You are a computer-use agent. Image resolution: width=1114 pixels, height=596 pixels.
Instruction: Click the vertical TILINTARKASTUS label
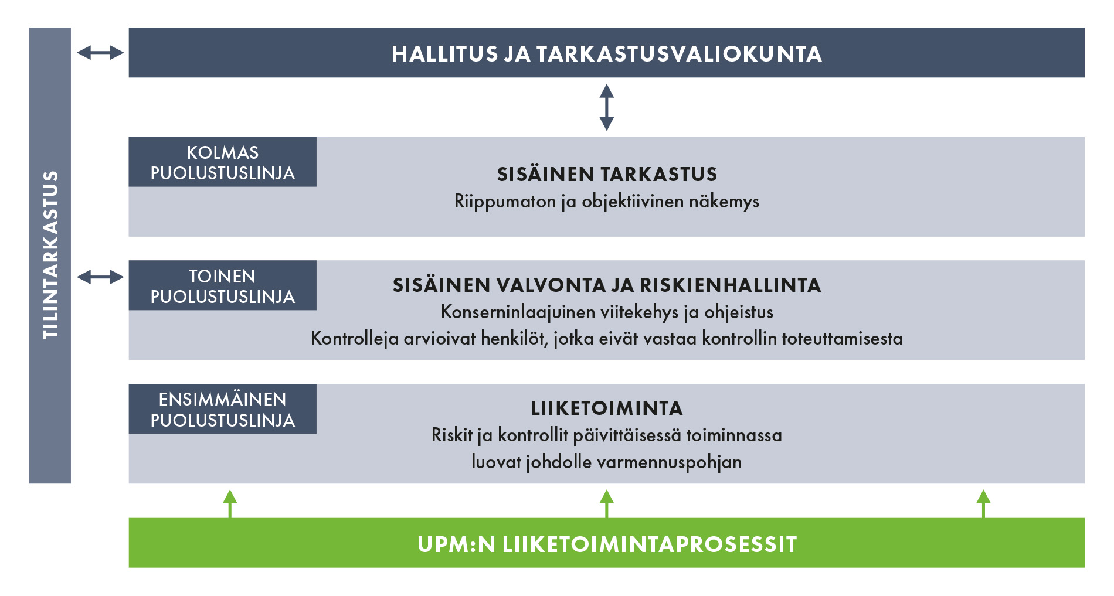click(x=50, y=255)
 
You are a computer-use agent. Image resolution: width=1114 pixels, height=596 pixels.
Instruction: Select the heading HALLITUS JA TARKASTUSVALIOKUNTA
click(x=607, y=54)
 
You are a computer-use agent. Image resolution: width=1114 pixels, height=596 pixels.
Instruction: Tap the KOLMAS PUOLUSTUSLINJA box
click(x=223, y=162)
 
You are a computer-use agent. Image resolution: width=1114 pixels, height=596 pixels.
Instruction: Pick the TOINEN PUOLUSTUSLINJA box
click(x=223, y=285)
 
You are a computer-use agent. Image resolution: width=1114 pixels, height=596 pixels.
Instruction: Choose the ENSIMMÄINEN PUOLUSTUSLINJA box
click(x=223, y=409)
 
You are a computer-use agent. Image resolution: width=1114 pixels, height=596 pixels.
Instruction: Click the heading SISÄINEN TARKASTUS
click(x=607, y=174)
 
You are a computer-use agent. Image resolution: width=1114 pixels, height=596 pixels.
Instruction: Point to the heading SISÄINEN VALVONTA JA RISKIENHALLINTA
click(x=607, y=285)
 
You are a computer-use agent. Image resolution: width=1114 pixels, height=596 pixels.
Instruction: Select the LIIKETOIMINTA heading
click(x=607, y=408)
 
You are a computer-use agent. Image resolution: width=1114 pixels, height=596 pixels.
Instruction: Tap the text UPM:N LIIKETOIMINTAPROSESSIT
click(x=607, y=544)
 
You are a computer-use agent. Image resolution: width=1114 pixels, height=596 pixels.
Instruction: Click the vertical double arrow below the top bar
click(x=607, y=107)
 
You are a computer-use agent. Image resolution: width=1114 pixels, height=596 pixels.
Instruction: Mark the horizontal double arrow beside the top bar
click(x=100, y=53)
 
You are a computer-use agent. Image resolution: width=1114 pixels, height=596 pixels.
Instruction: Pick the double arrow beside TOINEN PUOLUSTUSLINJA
click(x=100, y=277)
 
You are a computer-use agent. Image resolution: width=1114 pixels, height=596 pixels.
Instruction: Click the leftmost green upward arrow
click(x=230, y=504)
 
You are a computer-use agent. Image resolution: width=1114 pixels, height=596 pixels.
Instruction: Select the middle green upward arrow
click(x=607, y=504)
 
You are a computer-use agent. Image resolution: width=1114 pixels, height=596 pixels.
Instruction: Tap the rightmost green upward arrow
click(x=983, y=504)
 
